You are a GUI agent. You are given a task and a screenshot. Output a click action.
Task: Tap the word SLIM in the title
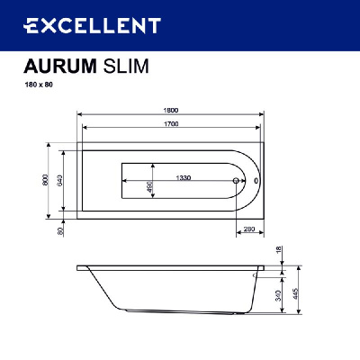tap(125, 66)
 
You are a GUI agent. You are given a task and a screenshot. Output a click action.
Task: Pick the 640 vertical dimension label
tap(60, 179)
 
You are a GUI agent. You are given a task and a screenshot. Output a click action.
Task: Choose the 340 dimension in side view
tap(281, 295)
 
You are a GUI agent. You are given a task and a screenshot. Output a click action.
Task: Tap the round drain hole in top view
tap(237, 181)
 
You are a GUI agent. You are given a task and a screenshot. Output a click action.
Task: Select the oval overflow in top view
tap(256, 180)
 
